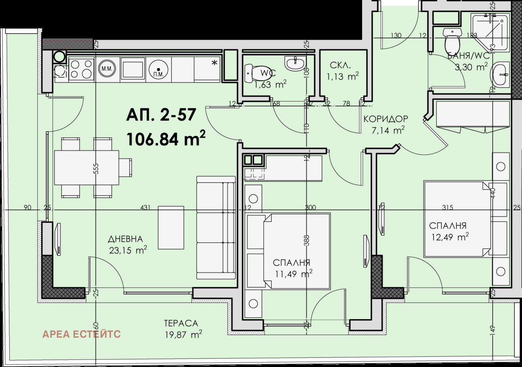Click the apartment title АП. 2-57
[161, 115]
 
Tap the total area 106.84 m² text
[166, 138]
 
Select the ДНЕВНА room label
[125, 239]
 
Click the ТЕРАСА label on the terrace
[181, 323]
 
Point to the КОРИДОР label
[386, 119]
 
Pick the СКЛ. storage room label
[340, 66]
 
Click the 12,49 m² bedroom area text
[450, 237]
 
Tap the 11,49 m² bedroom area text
[294, 274]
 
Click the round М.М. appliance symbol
[107, 69]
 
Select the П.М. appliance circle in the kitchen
[158, 70]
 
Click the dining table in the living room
[86, 168]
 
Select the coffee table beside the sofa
[171, 228]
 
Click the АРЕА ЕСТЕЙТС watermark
[82, 334]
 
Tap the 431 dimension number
[145, 207]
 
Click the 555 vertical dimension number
[96, 169]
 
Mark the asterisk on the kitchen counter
[214, 63]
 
